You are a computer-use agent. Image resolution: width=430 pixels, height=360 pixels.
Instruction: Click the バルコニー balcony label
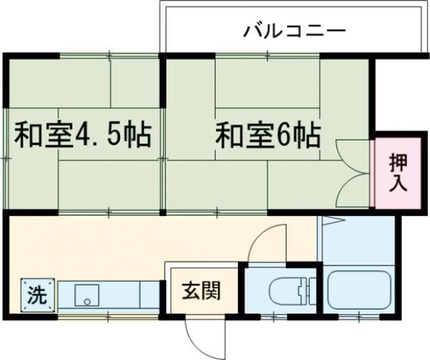coord(294,32)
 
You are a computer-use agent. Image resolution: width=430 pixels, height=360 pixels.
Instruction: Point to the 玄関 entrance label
coord(200,292)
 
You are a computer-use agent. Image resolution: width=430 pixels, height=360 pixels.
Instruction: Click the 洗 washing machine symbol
coord(35,295)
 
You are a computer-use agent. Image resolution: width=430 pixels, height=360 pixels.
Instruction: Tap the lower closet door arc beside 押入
coord(353,188)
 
